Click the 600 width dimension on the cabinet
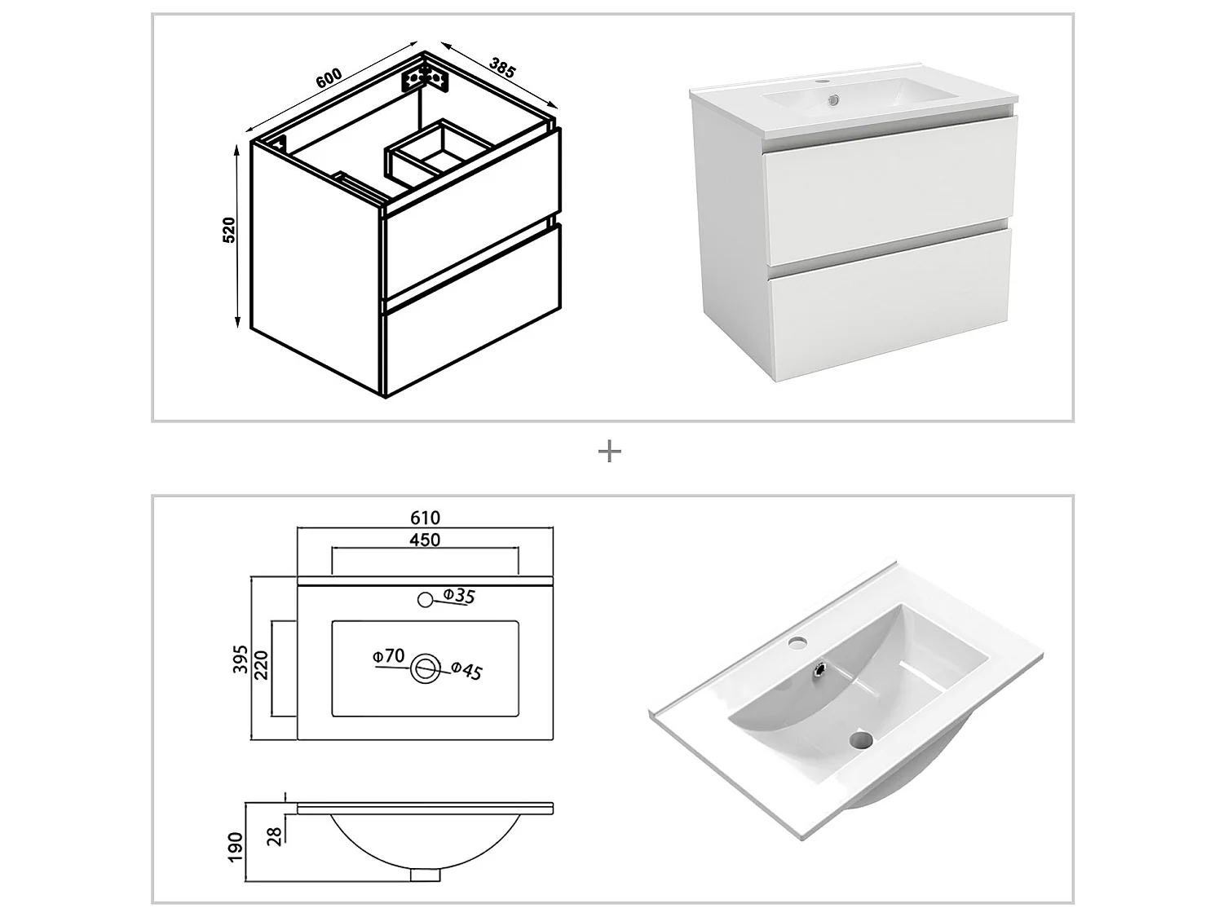pyautogui.click(x=328, y=78)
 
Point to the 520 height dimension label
pyautogui.click(x=229, y=230)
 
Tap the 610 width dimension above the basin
pyautogui.click(x=425, y=518)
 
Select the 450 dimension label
pyautogui.click(x=425, y=540)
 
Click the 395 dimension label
pyautogui.click(x=241, y=658)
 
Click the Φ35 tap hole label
pyautogui.click(x=459, y=596)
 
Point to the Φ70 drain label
pyautogui.click(x=388, y=655)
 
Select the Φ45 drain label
pyautogui.click(x=467, y=670)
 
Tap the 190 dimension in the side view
pyautogui.click(x=236, y=848)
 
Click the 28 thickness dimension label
pyautogui.click(x=275, y=835)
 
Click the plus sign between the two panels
pyautogui.click(x=610, y=452)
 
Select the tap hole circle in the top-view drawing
pyautogui.click(x=424, y=600)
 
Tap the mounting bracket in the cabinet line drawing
pyautogui.click(x=425, y=79)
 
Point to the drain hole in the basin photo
pyautogui.click(x=860, y=740)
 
